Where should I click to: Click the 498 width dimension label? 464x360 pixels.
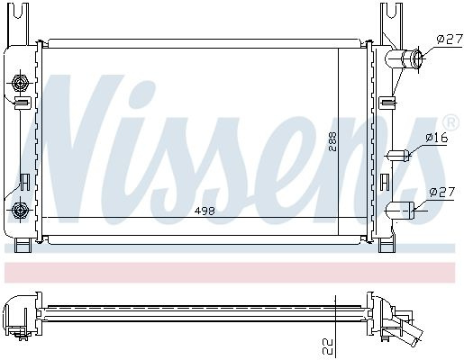(205, 211)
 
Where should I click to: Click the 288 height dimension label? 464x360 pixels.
(332, 141)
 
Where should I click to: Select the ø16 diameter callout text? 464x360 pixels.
(436, 138)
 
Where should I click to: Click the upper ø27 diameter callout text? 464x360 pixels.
(450, 40)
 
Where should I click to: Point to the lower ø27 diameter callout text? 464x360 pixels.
(442, 192)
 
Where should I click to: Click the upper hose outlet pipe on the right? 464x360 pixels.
(405, 58)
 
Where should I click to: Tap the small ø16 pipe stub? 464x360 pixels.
(397, 155)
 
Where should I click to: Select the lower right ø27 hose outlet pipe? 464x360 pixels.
(400, 211)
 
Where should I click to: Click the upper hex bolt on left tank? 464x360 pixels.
(21, 82)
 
